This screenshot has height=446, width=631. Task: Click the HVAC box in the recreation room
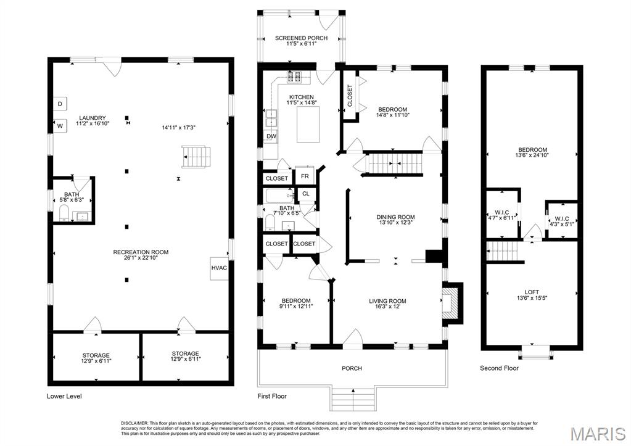[x=219, y=268]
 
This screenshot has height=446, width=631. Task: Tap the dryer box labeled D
[x=60, y=104]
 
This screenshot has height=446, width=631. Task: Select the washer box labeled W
[x=60, y=126]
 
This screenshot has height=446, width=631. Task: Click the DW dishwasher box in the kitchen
[x=271, y=136]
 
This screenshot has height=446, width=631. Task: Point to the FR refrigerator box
[x=305, y=176]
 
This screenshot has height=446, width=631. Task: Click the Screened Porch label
[x=301, y=38]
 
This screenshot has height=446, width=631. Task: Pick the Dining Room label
[x=395, y=217]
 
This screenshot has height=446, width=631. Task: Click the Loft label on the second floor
[x=531, y=292]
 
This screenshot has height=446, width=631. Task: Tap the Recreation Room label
[x=141, y=252]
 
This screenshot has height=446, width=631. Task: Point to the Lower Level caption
[x=64, y=396]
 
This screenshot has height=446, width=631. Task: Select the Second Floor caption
[x=499, y=368]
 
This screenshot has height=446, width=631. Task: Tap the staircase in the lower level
[x=197, y=156]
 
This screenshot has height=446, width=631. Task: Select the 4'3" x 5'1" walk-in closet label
[x=561, y=221]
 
